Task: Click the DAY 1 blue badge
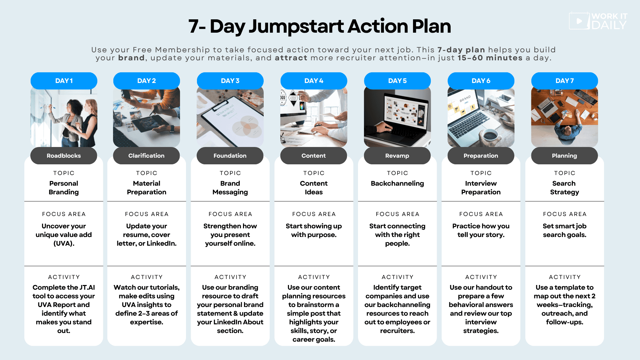(64, 81)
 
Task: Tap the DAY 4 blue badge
(314, 81)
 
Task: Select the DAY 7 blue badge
(564, 81)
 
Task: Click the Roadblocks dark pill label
(64, 156)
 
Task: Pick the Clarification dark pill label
(146, 156)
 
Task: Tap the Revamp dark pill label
(397, 156)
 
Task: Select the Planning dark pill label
(564, 156)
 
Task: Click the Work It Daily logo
(598, 21)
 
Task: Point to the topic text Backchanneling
(397, 183)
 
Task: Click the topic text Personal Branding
(64, 188)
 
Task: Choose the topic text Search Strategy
(564, 188)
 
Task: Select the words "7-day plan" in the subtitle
(461, 50)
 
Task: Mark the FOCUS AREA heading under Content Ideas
(314, 214)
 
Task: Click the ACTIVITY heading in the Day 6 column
(481, 277)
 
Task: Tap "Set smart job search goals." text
(564, 230)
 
